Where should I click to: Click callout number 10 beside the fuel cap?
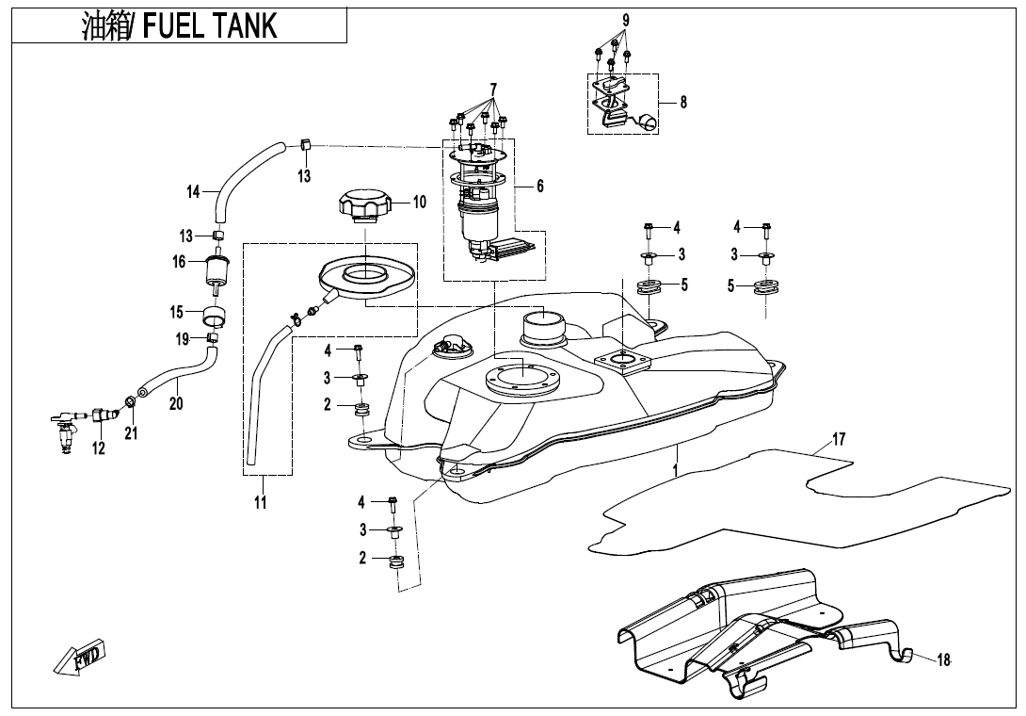pos(419,202)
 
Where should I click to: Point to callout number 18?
pos(944,660)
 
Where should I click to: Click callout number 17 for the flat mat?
pos(839,440)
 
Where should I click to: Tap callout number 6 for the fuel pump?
pos(540,187)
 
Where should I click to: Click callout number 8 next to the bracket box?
pos(683,103)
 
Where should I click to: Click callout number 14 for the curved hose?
pos(193,192)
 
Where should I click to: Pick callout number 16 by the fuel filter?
pos(179,262)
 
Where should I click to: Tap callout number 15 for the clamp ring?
pos(176,312)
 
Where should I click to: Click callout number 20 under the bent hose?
pos(176,403)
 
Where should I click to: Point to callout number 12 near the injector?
pos(99,449)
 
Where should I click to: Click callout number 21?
pos(131,432)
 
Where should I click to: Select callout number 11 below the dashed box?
pos(261,503)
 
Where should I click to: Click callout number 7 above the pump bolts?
pos(492,89)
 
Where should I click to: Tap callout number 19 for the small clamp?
pos(183,337)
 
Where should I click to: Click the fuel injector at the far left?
pos(68,429)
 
